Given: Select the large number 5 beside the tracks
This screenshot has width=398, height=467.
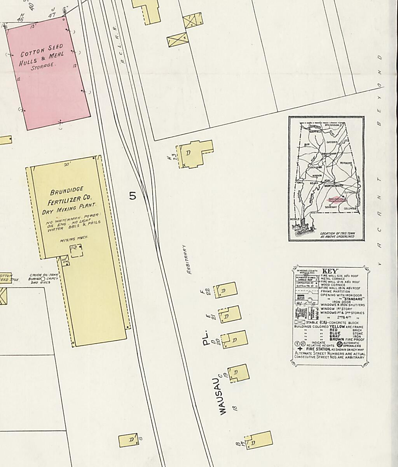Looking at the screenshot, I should click(x=133, y=196).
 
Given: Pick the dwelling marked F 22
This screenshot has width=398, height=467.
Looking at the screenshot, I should click(x=226, y=290).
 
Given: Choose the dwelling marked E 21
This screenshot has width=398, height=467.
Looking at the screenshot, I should click(x=229, y=314).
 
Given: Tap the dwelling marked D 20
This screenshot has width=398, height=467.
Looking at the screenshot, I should click(x=234, y=339).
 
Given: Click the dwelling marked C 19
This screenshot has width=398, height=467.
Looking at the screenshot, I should click(x=238, y=373).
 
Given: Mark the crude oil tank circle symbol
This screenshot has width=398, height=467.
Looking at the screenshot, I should click(x=43, y=279).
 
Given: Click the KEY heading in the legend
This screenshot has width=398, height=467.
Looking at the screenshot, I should click(x=330, y=271).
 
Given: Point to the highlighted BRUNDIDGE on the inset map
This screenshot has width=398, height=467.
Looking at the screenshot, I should click(x=337, y=199).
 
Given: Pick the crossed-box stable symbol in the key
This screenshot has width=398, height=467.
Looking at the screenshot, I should click(x=300, y=323).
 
